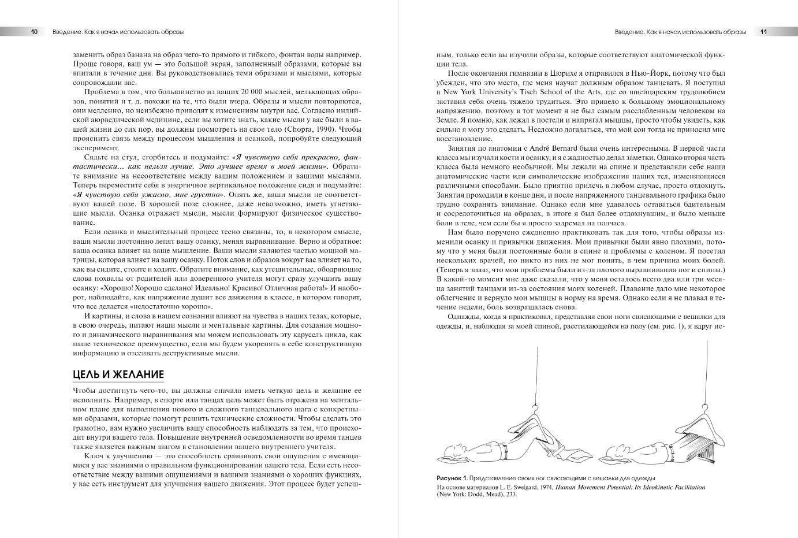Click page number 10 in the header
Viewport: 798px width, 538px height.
click(x=35, y=32)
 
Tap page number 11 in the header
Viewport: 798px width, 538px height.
click(x=763, y=32)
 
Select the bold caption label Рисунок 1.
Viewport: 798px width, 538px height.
click(x=451, y=478)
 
